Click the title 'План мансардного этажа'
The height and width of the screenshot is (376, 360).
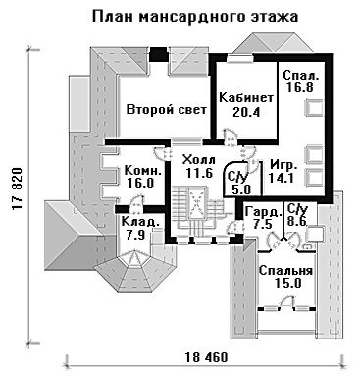point(195,17)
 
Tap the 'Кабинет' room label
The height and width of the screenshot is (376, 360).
point(246,97)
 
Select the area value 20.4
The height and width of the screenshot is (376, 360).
point(246,112)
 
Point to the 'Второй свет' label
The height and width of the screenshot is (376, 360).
point(167,109)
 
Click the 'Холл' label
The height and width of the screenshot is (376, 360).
point(199,160)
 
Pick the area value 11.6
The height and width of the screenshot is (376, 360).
point(199,173)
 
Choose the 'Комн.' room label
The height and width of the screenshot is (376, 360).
point(143,170)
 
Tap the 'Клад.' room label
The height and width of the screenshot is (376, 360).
point(140,222)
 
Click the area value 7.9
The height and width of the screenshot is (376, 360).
point(135,235)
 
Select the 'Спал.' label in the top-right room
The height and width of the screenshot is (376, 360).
point(300,75)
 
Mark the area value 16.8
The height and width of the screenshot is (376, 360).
point(300,87)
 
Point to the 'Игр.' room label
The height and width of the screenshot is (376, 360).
point(283,166)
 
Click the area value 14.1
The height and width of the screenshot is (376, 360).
point(282,178)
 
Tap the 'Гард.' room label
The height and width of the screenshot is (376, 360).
point(263,212)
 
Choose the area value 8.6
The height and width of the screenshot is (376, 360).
point(297,221)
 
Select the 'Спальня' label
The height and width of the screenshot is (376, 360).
point(285,271)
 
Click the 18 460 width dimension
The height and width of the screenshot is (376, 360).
point(206,357)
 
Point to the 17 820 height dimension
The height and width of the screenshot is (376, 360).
point(17,189)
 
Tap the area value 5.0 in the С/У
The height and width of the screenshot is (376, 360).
point(241,189)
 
